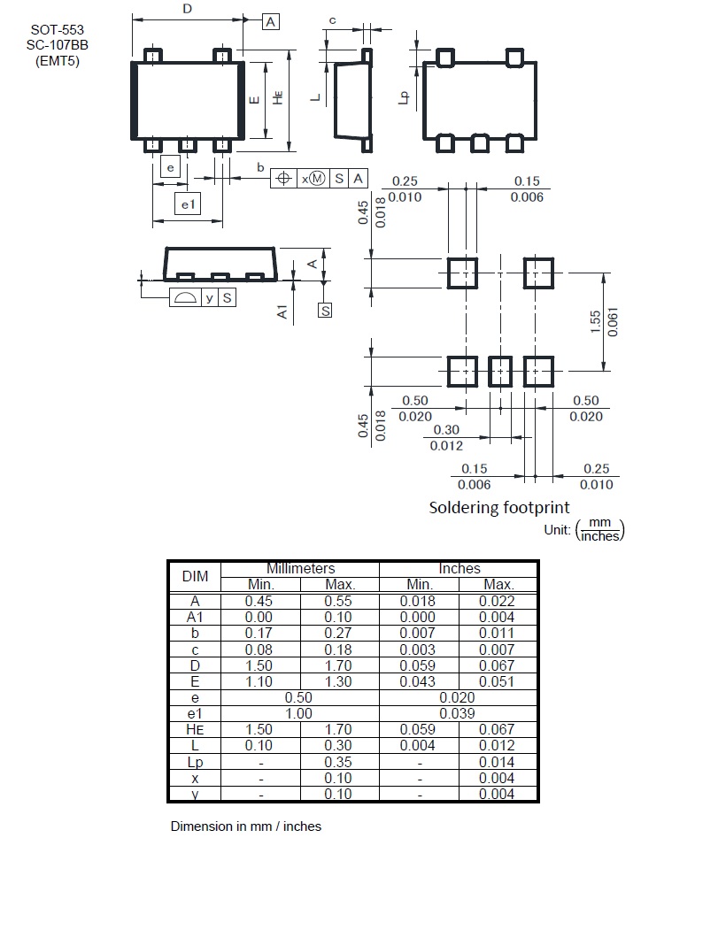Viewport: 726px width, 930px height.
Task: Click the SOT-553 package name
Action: click(58, 29)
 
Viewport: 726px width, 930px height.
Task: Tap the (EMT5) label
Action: click(58, 60)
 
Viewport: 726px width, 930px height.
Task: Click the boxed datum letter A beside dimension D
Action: click(271, 21)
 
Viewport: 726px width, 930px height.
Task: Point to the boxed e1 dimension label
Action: click(187, 204)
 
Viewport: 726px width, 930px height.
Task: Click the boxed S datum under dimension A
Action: click(325, 311)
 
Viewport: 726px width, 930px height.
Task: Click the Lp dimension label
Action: click(404, 98)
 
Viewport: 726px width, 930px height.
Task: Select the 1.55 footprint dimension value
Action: click(595, 323)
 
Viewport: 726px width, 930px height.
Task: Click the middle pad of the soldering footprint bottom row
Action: click(501, 372)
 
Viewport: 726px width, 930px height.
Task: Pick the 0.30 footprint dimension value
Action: click(446, 431)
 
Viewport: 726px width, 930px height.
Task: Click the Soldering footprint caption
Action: click(499, 507)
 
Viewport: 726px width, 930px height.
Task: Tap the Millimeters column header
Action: click(300, 568)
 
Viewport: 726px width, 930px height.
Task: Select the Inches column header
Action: click(459, 568)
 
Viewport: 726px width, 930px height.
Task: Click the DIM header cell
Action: click(195, 576)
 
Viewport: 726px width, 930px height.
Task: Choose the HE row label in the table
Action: click(195, 729)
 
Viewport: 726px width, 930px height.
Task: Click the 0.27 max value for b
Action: click(339, 633)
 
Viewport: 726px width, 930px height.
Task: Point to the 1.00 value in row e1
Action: click(300, 713)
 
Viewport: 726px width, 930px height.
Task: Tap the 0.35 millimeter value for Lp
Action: click(339, 762)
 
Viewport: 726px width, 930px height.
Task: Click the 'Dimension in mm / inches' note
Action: click(245, 826)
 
